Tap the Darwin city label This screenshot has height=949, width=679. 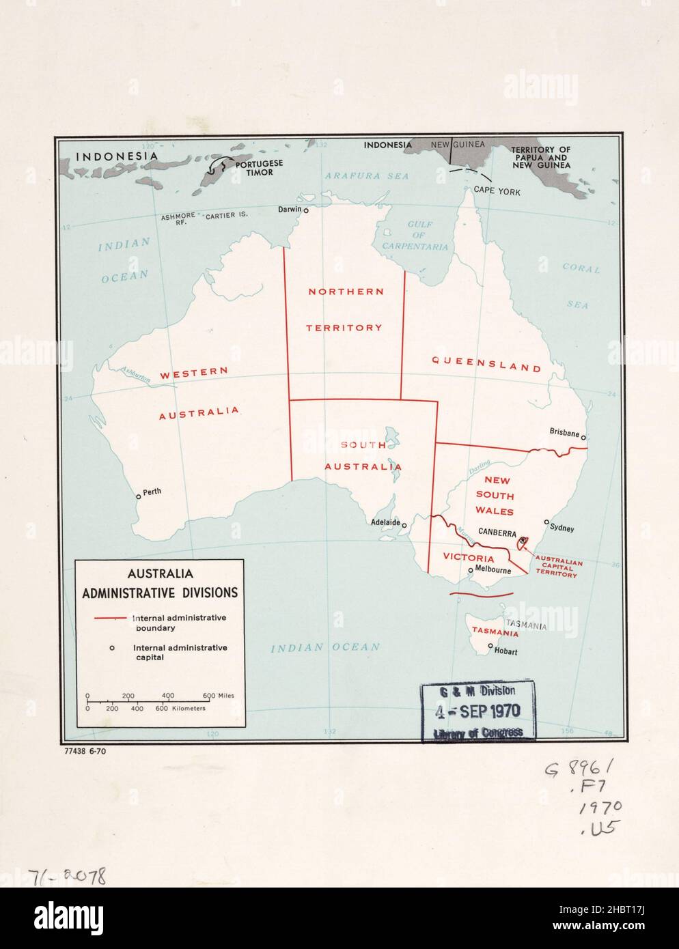(x=289, y=209)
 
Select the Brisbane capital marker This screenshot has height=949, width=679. (x=583, y=438)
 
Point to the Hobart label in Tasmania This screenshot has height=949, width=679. (x=506, y=651)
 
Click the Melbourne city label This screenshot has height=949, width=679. (x=493, y=570)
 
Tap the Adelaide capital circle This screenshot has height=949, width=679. (x=404, y=526)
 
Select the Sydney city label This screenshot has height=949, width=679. (x=562, y=528)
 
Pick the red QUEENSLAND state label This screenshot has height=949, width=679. (x=486, y=367)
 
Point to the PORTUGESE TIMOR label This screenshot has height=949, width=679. (x=254, y=168)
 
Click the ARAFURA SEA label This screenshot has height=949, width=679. (x=357, y=175)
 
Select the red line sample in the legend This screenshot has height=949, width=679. (x=110, y=618)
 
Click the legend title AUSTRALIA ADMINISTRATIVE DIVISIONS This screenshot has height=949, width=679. (x=160, y=583)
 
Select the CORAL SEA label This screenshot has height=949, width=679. (x=581, y=286)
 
